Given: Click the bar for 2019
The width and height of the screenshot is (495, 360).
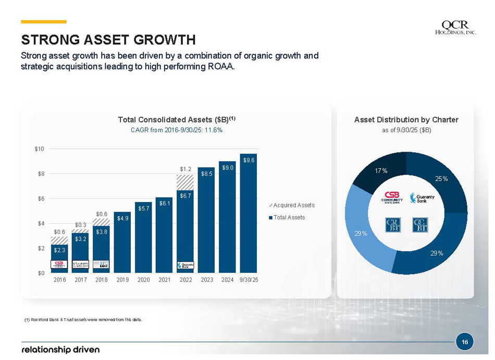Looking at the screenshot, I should (122, 245).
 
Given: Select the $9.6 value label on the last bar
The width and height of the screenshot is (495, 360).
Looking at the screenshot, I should (249, 160).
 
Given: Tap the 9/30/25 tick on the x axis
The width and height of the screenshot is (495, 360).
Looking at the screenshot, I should (249, 280).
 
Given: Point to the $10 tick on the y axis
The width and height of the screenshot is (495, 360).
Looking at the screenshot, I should (39, 149).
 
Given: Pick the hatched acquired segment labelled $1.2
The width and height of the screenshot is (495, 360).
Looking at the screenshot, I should (185, 182).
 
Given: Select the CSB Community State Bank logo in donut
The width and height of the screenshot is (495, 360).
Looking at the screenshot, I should (392, 198).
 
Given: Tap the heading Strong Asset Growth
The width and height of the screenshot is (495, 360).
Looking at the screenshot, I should (108, 40).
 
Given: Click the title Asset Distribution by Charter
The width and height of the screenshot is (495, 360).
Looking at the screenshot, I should (406, 120).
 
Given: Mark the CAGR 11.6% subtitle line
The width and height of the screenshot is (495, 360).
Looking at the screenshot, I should (176, 130).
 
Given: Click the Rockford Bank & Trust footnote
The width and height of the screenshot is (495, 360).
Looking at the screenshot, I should (83, 319).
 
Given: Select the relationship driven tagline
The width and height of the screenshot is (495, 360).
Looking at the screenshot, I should (60, 349).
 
